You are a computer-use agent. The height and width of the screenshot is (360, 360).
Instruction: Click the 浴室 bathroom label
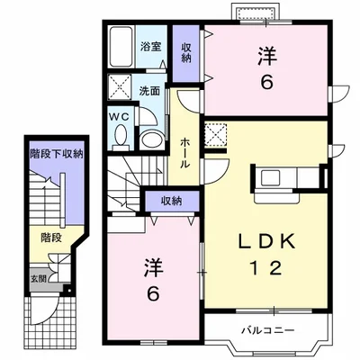coord(151,47)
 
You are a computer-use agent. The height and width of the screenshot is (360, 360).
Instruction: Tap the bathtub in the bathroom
coord(121,47)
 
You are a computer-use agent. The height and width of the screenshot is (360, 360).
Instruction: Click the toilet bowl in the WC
coord(121,136)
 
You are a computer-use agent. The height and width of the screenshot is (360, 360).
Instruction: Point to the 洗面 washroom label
coord(149,92)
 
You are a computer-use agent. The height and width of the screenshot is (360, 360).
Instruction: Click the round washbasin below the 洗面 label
coord(152,139)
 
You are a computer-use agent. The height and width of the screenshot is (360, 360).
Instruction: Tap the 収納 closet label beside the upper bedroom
coord(186,52)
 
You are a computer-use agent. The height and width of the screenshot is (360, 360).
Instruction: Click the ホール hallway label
coord(184,153)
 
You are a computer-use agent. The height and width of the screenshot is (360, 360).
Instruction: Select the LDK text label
coord(266,241)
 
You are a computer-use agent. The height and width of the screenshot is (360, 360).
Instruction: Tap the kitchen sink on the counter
coord(270,177)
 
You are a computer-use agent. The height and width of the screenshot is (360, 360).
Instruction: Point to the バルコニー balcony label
coord(268,330)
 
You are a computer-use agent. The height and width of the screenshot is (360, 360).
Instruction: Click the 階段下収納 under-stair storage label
coord(57,154)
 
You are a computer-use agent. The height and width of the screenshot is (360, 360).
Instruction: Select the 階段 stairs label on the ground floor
coord(51,238)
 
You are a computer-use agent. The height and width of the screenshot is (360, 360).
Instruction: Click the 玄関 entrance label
coord(39,278)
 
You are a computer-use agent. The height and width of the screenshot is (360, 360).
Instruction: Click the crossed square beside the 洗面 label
coord(120,86)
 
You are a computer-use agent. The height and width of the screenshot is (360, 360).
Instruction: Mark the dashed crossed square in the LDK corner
coord(216,134)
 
